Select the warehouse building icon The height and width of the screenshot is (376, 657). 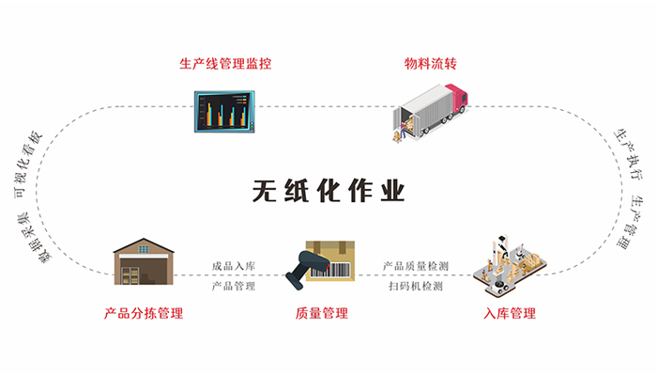(144, 258)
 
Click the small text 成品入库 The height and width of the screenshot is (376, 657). (233, 267)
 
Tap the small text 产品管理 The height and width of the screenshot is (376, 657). (233, 286)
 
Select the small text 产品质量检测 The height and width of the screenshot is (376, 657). (415, 267)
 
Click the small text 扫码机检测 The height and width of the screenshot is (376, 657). (415, 286)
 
